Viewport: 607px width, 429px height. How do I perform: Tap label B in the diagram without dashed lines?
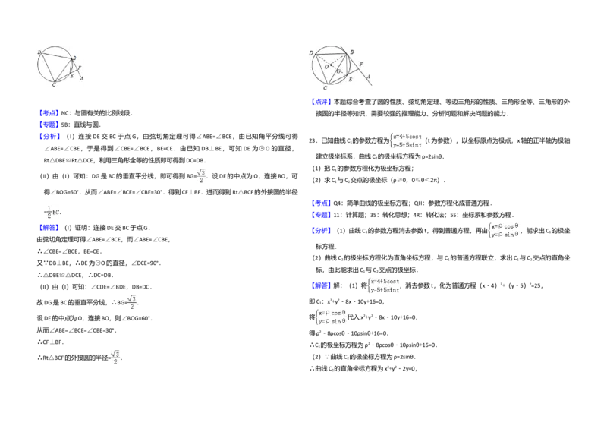(74, 58)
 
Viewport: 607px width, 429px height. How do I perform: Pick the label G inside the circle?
(339, 71)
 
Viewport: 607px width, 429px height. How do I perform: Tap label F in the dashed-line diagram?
(361, 64)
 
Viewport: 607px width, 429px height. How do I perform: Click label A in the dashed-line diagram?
(369, 77)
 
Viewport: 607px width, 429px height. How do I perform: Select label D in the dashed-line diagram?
(311, 52)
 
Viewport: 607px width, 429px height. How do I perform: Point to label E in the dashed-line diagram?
(350, 79)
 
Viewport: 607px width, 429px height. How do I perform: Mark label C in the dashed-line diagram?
(325, 88)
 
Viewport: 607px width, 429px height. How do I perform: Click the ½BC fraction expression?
(52, 211)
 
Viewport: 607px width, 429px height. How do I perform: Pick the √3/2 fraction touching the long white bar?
(131, 301)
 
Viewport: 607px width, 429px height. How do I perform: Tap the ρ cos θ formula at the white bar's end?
(331, 316)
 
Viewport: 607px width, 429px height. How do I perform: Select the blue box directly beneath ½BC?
(49, 226)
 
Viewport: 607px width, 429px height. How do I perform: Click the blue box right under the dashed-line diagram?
(321, 103)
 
